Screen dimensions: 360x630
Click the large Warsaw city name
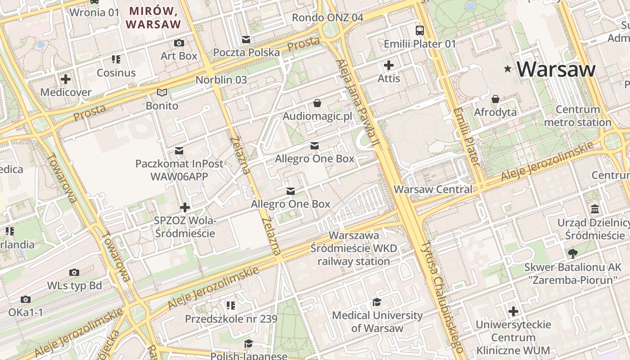[x=556, y=69]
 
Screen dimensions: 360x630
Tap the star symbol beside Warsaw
[x=508, y=69]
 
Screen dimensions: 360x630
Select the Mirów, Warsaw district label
[x=153, y=17]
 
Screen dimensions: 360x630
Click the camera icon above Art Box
[x=179, y=43]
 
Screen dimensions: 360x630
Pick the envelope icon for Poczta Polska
[x=246, y=40]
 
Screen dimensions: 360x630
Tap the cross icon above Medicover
[x=66, y=80]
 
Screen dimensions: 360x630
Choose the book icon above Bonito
[x=162, y=93]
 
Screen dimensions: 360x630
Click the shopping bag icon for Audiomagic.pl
[x=317, y=103]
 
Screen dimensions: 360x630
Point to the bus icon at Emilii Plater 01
[x=419, y=31]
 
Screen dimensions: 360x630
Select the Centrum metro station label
[x=578, y=116]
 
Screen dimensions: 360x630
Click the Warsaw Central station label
[x=433, y=189]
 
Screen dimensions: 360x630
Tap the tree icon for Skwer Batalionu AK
[x=572, y=254]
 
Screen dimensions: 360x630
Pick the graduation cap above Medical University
[x=377, y=302]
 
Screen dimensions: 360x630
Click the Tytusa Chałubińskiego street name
[x=442, y=297]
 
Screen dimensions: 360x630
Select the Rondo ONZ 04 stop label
[x=327, y=18]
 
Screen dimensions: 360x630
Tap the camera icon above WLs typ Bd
[x=74, y=272]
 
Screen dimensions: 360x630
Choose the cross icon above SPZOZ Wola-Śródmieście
[x=184, y=207]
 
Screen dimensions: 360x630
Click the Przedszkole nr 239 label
[x=231, y=319]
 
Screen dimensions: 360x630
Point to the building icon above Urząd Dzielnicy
[x=595, y=209]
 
